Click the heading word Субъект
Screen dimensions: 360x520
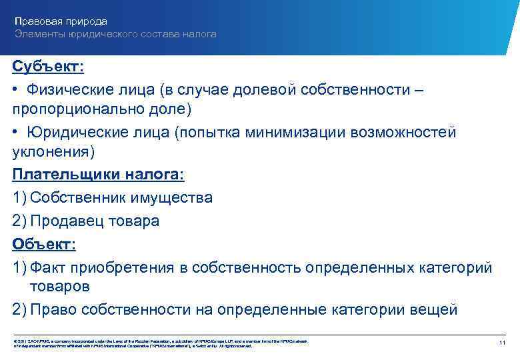tap(45, 67)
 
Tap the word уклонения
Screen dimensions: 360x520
tap(53, 151)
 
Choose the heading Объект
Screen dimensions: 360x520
tap(42, 243)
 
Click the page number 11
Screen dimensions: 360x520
tap(503, 343)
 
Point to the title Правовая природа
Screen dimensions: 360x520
tap(61, 22)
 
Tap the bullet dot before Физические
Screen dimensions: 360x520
tap(15, 89)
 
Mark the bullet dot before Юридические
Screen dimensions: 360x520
tap(15, 133)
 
